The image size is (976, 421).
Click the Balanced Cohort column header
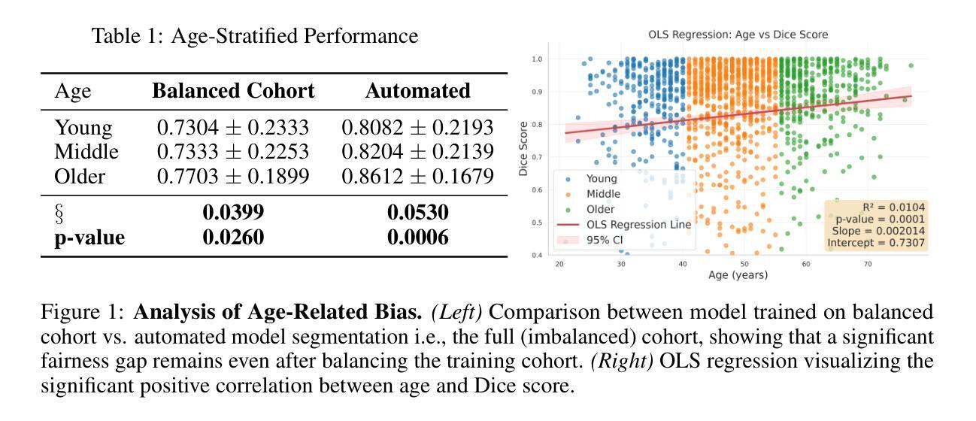(233, 92)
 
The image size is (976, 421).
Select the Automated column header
(417, 92)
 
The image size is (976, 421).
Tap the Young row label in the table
(82, 128)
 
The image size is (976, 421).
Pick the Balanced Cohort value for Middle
(233, 152)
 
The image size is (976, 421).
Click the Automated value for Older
(417, 176)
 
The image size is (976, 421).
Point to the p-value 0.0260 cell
(233, 238)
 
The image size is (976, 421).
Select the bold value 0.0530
(417, 214)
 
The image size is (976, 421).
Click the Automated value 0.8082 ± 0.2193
(417, 128)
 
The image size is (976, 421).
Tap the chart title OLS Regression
(727, 35)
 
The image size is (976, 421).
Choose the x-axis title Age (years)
(738, 275)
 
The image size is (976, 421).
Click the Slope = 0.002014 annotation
(877, 230)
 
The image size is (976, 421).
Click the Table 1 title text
(254, 35)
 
